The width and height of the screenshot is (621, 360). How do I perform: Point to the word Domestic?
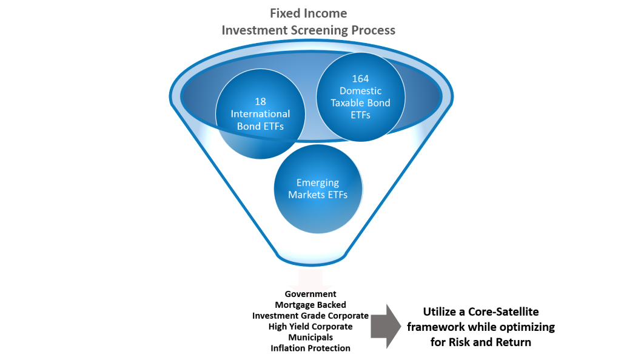[x=361, y=91]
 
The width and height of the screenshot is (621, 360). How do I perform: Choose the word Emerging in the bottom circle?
[x=318, y=182]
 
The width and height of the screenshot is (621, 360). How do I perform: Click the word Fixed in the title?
[x=283, y=13]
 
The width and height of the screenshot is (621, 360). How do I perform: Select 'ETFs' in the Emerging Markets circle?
[x=341, y=194]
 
